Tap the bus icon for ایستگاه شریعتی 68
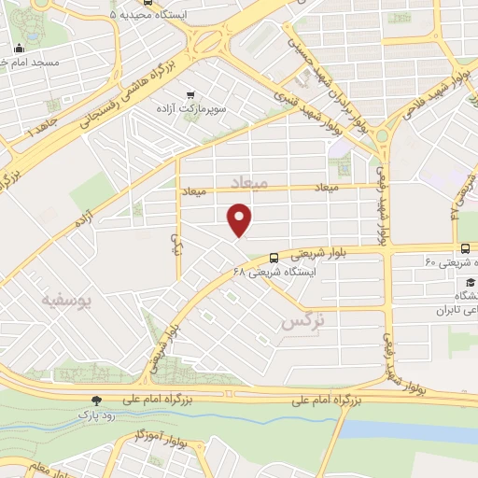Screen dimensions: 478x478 274,258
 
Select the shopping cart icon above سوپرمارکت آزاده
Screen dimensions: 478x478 192,94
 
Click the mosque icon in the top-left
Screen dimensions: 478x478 20,49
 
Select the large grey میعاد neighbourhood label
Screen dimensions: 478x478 248,185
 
